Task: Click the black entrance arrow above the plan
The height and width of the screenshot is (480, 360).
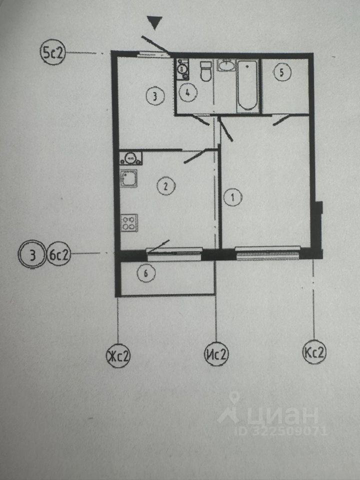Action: (155, 23)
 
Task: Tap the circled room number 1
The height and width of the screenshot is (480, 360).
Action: (233, 197)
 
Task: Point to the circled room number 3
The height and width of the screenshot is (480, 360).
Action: (155, 95)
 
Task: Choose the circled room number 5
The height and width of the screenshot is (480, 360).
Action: (282, 72)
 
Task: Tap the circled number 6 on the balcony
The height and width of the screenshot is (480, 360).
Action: (145, 273)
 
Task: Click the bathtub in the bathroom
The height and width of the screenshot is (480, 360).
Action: (248, 86)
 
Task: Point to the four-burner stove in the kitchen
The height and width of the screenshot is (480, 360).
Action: (129, 221)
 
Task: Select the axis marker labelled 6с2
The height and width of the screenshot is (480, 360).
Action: (59, 256)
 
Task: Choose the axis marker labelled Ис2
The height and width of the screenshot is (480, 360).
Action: (216, 354)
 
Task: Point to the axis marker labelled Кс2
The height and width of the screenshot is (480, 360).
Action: (314, 353)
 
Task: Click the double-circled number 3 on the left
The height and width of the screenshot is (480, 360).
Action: (32, 256)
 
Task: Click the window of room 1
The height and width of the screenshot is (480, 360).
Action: (267, 253)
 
